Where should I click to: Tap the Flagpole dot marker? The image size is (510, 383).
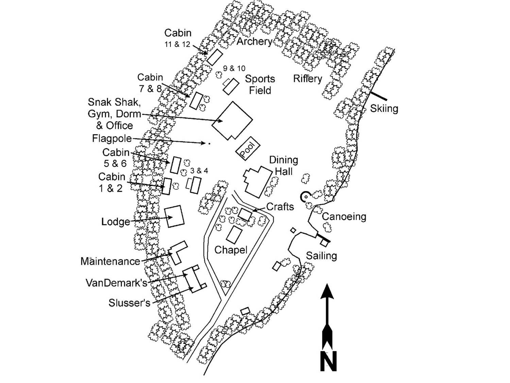pyautogui.click(x=209, y=144)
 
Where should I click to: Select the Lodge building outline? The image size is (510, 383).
pyautogui.click(x=174, y=216)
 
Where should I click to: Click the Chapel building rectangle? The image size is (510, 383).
pyautogui.click(x=234, y=235)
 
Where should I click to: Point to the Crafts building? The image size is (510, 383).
pyautogui.click(x=245, y=214)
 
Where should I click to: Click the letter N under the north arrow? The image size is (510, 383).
pyautogui.click(x=328, y=361)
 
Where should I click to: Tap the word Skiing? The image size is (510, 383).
pyautogui.click(x=384, y=109)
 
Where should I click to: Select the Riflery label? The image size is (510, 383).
pyautogui.click(x=308, y=79)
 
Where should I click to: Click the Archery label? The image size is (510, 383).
pyautogui.click(x=254, y=42)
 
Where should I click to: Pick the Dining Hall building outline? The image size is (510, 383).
pyautogui.click(x=258, y=181)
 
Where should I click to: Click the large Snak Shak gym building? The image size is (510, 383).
pyautogui.click(x=232, y=121)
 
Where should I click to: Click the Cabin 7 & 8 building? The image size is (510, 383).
pyautogui.click(x=196, y=100)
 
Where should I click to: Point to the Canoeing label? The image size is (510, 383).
pyautogui.click(x=344, y=217)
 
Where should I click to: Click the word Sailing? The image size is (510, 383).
pyautogui.click(x=321, y=256)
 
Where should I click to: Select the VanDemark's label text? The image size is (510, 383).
pyautogui.click(x=116, y=283)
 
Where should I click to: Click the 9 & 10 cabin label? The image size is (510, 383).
pyautogui.click(x=234, y=68)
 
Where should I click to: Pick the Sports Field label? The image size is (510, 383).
pyautogui.click(x=260, y=84)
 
